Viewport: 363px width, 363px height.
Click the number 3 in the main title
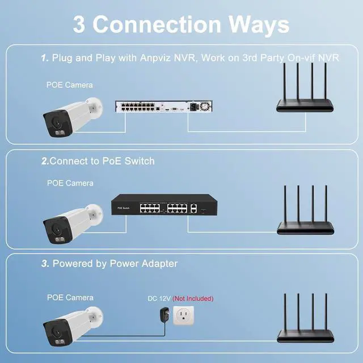pyautogui.click(x=80, y=24)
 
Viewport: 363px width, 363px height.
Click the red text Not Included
pyautogui.click(x=193, y=298)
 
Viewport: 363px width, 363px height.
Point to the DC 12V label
pyautogui.click(x=159, y=298)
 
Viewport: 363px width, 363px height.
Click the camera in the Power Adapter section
pyautogui.click(x=71, y=326)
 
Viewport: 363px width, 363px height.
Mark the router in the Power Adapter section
pyautogui.click(x=303, y=320)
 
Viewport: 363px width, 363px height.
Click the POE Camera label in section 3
pyautogui.click(x=70, y=297)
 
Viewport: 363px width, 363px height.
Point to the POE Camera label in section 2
pyautogui.click(x=70, y=183)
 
